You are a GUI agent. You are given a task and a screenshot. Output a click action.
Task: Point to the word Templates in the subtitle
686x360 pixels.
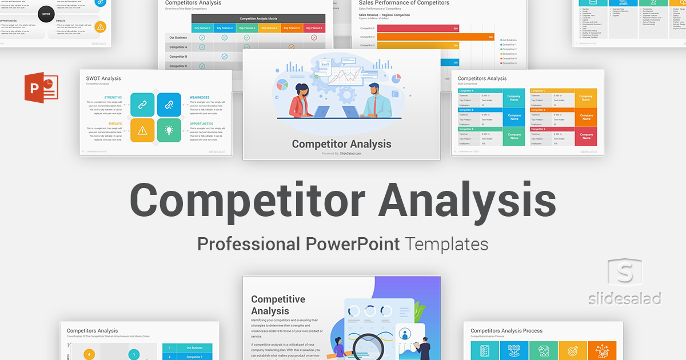446,244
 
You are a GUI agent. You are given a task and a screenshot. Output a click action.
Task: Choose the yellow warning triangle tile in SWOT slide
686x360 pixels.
142,130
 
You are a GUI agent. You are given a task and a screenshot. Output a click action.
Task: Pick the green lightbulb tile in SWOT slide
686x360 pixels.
169,130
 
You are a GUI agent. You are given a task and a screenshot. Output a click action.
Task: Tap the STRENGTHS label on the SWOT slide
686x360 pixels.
113,97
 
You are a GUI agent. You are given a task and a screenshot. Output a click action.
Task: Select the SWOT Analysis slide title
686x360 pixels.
103,78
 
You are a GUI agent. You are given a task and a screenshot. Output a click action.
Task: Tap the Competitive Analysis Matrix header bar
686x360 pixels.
258,18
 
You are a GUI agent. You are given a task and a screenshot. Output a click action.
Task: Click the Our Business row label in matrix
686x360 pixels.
178,38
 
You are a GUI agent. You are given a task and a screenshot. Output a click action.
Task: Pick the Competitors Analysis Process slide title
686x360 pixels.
506,330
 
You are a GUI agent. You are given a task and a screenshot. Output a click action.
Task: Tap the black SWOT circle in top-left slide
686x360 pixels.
46,13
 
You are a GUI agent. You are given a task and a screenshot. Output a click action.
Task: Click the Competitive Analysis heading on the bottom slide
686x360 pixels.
278,305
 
